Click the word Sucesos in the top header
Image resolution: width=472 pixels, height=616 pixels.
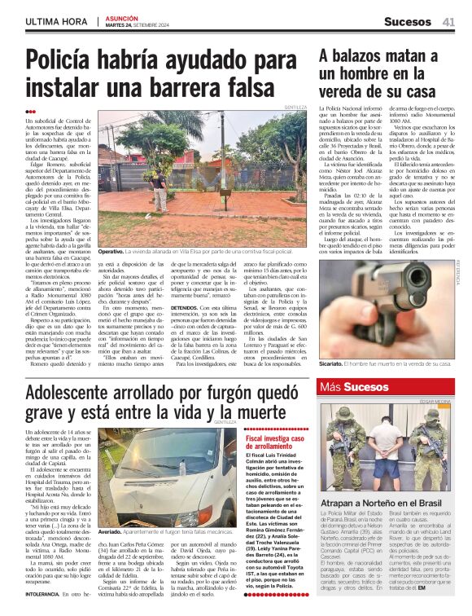pyautogui.click(x=408, y=22)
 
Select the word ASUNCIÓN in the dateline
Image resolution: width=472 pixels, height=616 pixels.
pyautogui.click(x=123, y=17)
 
